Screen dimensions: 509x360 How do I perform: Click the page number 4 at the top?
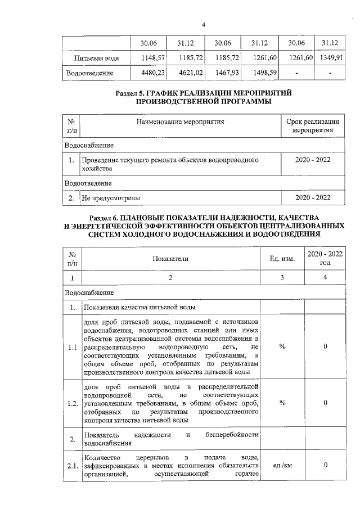point(204,25)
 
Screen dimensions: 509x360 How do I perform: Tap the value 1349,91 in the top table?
point(331,58)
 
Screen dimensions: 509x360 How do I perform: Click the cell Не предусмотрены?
point(111,198)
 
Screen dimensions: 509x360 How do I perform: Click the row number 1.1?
point(71,347)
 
